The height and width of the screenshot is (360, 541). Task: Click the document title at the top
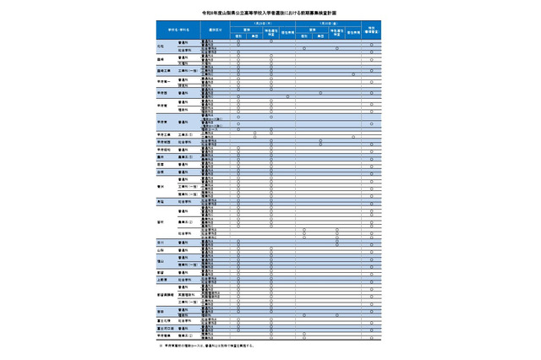pyautogui.click(x=270, y=14)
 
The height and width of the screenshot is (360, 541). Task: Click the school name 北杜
pyautogui.click(x=161, y=46)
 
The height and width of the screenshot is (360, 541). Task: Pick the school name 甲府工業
pyautogui.click(x=165, y=134)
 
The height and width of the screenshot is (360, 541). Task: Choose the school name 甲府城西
pyautogui.click(x=165, y=142)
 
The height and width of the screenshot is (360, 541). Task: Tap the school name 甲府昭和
pyautogui.click(x=165, y=150)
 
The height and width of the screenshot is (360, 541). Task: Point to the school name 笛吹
pyautogui.click(x=161, y=221)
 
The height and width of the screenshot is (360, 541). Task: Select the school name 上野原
pyautogui.click(x=162, y=280)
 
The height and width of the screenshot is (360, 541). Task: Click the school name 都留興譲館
pyautogui.click(x=166, y=295)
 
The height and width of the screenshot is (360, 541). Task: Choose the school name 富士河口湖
pyautogui.click(x=166, y=329)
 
